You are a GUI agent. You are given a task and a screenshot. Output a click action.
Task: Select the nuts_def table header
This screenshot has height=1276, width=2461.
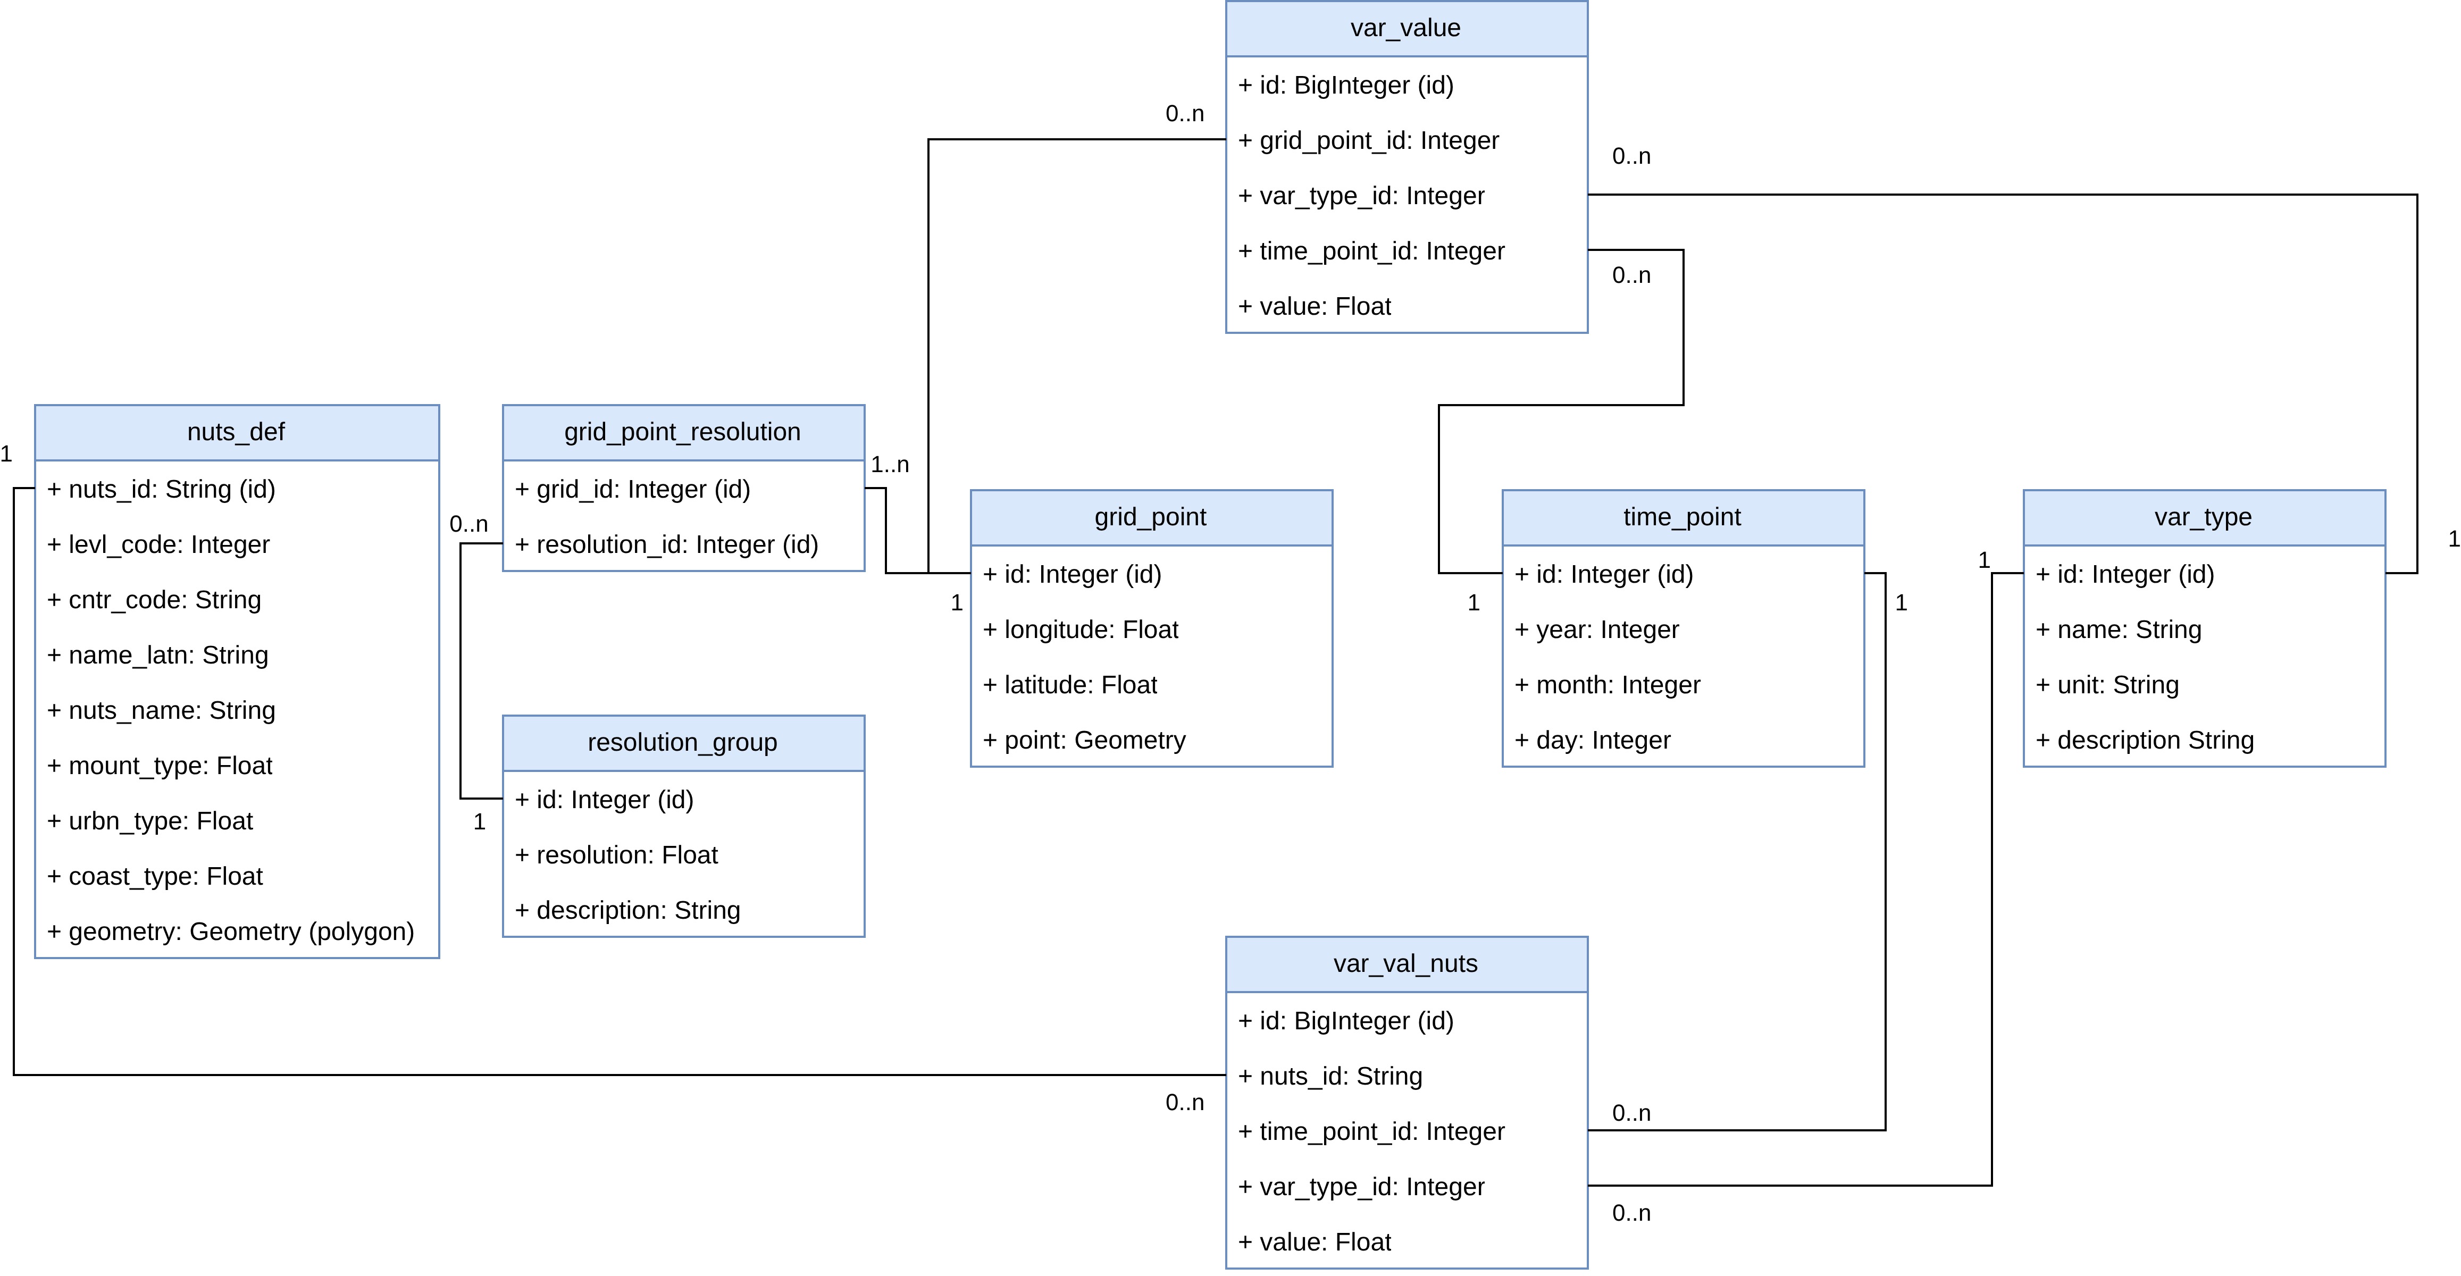click(236, 432)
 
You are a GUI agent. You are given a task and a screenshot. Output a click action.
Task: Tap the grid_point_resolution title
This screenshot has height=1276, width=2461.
click(682, 432)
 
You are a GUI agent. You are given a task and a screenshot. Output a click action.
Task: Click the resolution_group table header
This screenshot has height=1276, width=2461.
click(682, 742)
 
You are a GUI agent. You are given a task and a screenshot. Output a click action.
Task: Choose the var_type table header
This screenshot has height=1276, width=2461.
click(2203, 517)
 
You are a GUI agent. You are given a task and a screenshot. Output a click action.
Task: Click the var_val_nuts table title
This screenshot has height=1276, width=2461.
click(1405, 964)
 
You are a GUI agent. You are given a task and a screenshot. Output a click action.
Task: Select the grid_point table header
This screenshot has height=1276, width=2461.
click(1150, 517)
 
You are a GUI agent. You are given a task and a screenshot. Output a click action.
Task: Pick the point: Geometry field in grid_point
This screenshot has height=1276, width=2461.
click(1084, 740)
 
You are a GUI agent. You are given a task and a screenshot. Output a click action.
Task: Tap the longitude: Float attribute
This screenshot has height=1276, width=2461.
click(1081, 629)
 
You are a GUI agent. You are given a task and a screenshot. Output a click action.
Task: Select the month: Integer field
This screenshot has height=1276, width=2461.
click(1608, 685)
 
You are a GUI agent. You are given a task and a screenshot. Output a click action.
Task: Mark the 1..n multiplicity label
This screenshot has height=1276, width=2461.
click(890, 465)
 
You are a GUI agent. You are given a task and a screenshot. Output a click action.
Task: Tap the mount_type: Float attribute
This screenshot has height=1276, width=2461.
click(161, 766)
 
